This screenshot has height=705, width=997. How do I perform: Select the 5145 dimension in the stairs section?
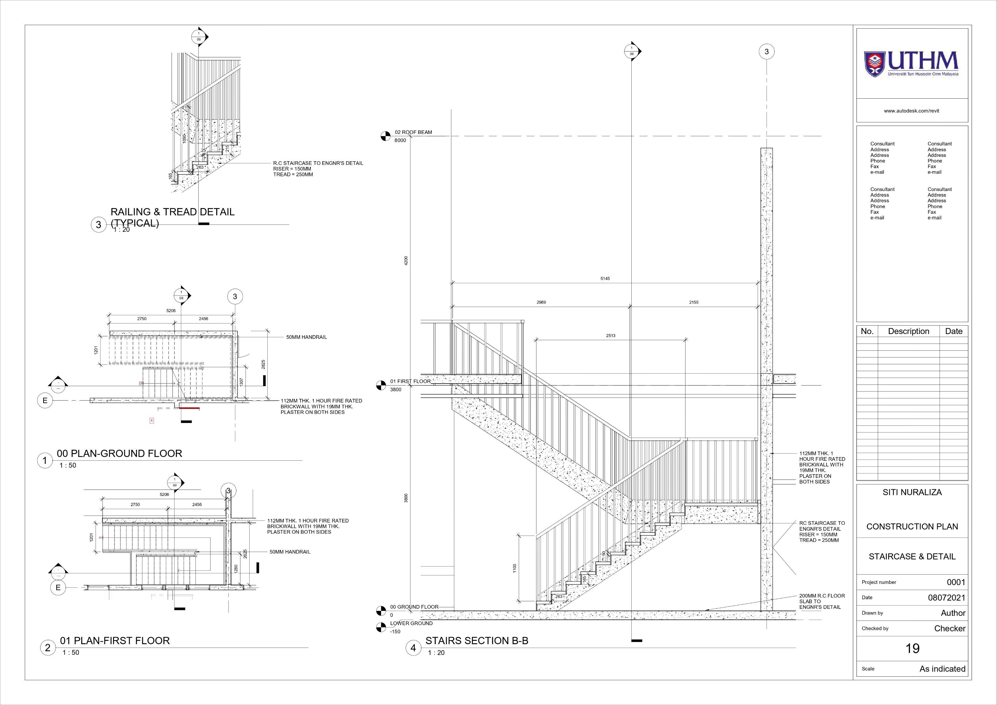(x=605, y=278)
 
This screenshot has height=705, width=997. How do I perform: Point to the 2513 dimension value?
(x=611, y=336)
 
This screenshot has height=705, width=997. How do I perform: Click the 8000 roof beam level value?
(x=400, y=140)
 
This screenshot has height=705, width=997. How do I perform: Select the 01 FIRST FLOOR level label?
(x=410, y=381)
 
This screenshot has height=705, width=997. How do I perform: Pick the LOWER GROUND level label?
(x=411, y=623)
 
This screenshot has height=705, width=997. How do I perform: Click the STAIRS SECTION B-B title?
(x=477, y=641)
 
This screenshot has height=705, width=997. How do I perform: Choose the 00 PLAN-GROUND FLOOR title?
(x=119, y=453)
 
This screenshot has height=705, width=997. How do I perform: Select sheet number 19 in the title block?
(x=912, y=648)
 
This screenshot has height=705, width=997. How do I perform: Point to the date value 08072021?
(x=947, y=598)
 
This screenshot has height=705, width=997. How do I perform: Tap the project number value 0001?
(x=956, y=582)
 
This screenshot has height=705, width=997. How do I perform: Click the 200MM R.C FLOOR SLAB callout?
(x=822, y=602)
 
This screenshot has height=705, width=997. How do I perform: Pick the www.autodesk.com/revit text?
(x=911, y=111)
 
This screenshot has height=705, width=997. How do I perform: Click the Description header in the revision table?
(x=908, y=331)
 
